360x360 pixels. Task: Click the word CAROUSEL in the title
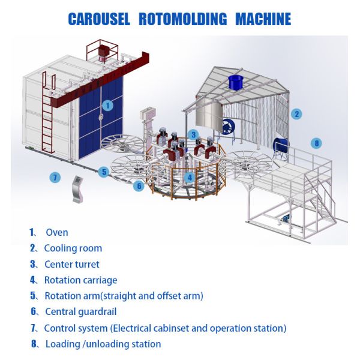(99, 19)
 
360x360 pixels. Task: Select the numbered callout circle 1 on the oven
(108, 104)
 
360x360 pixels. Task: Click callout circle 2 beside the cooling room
(296, 113)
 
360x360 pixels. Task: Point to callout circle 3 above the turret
(193, 134)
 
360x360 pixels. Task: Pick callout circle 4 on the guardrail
(190, 177)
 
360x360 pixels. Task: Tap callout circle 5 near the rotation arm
(104, 172)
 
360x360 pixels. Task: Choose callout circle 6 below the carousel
(139, 186)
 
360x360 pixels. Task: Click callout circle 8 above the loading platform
(317, 143)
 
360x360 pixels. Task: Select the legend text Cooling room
(73, 248)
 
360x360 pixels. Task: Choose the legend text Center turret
(71, 264)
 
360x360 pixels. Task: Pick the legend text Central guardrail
(79, 311)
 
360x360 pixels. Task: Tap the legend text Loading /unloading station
(103, 344)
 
